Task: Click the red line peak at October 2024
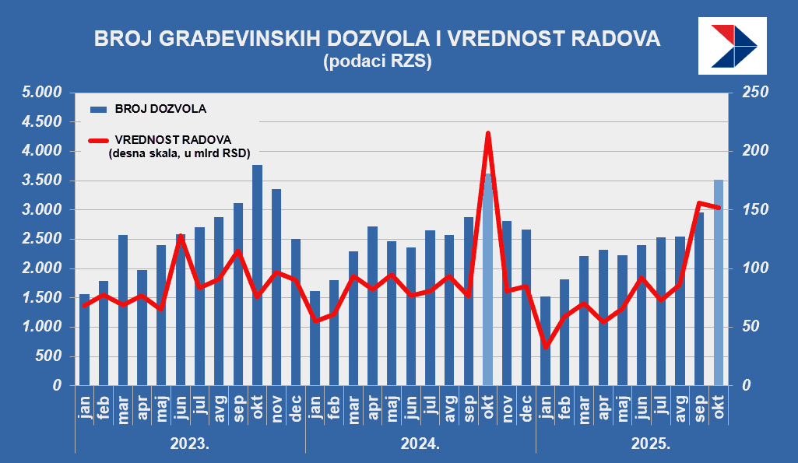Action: point(488,134)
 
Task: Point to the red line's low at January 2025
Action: point(546,347)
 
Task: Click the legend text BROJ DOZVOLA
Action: point(160,108)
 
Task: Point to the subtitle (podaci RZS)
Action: point(377,61)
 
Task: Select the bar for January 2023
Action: point(85,339)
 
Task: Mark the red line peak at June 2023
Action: point(181,235)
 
